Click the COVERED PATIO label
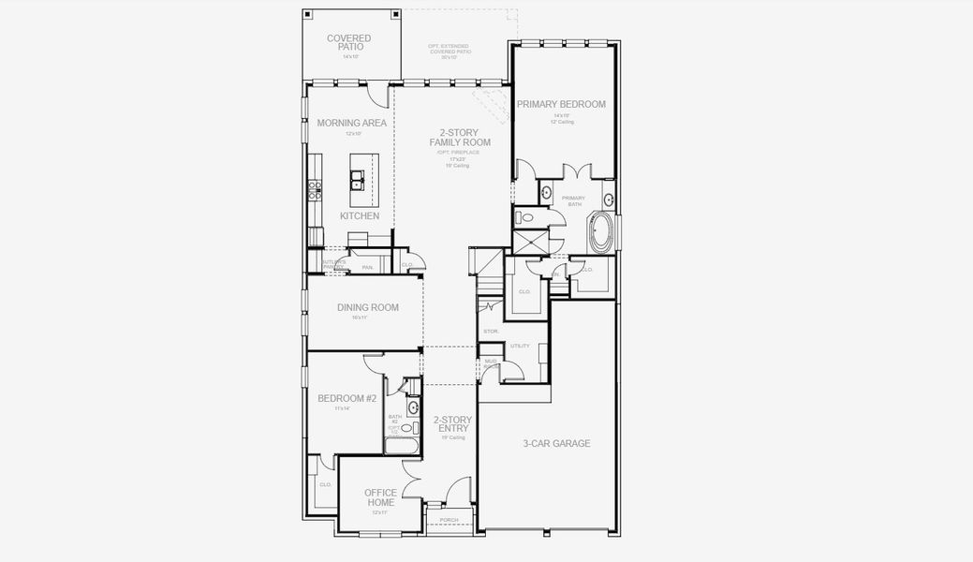coord(348,42)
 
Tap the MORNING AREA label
coord(351,123)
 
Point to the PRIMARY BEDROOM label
coord(561,104)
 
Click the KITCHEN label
coord(360,216)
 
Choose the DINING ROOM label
coord(367,307)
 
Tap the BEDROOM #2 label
coord(346,399)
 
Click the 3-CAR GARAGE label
coord(556,443)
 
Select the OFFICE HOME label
coord(380,497)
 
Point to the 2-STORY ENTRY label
coord(452,424)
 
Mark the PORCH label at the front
coord(450,521)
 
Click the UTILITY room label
coord(520,347)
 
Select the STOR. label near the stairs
coord(491,332)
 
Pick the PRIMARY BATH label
coord(573,200)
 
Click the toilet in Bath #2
coord(406,428)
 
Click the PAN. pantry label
coord(368,268)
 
